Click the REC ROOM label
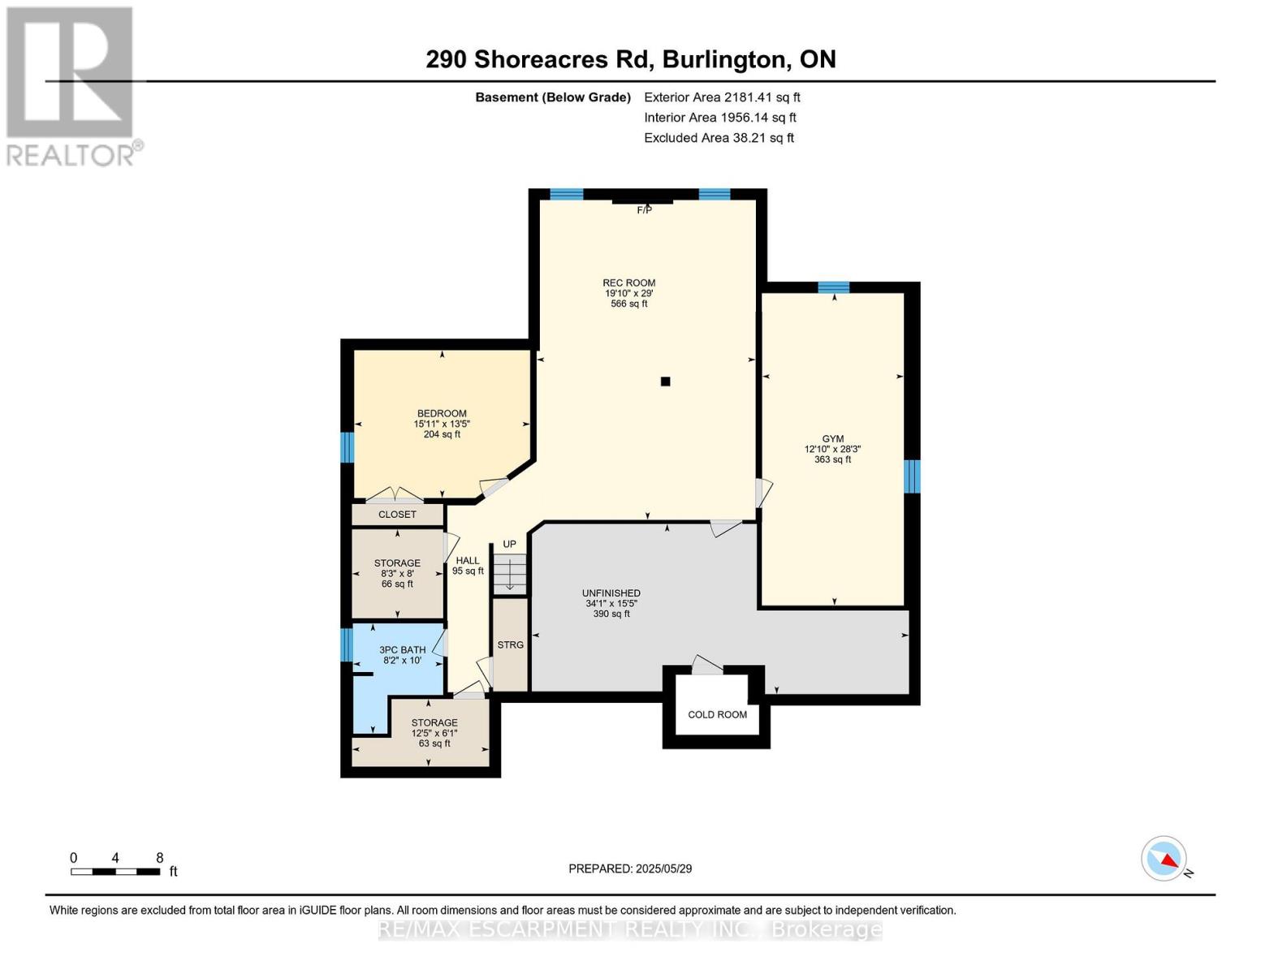click(629, 283)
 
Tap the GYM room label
click(833, 439)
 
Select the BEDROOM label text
click(442, 414)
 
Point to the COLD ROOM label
click(717, 715)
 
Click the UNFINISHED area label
click(611, 593)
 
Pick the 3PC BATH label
click(403, 650)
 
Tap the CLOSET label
click(397, 515)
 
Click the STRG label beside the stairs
click(511, 645)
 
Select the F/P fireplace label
click(644, 210)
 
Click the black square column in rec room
click(666, 381)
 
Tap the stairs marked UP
click(510, 573)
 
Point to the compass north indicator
click(1165, 859)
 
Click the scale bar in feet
click(115, 872)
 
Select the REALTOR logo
click(71, 85)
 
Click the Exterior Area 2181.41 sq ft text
click(722, 97)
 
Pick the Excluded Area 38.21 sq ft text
click(719, 138)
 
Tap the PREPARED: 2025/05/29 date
click(630, 868)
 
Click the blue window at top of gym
click(833, 287)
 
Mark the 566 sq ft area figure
click(629, 304)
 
